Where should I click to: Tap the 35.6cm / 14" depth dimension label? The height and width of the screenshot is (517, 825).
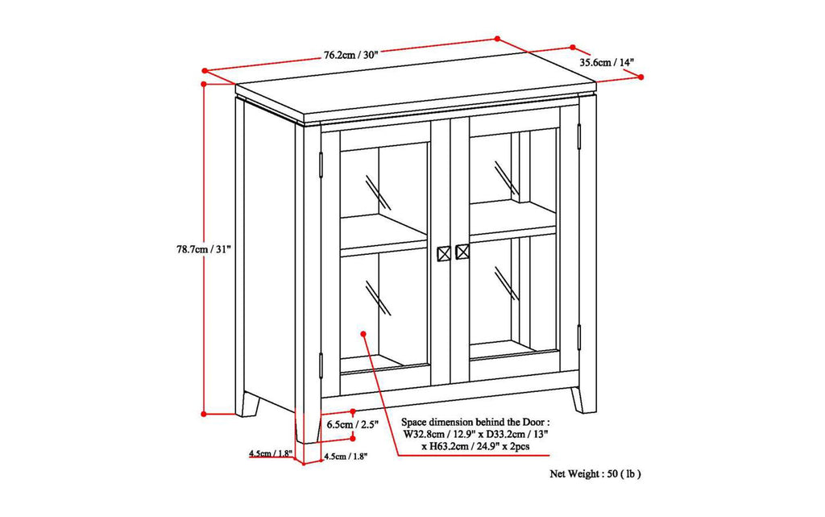tap(606, 61)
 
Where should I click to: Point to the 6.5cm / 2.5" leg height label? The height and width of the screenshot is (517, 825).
tap(350, 423)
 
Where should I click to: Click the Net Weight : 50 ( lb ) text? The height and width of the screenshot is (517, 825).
tap(595, 474)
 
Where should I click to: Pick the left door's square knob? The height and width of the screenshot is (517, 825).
tap(443, 252)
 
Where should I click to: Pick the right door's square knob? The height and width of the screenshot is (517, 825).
tap(462, 252)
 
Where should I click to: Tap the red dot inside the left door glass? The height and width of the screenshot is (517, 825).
tap(364, 331)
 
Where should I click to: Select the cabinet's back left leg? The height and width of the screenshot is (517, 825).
tap(248, 403)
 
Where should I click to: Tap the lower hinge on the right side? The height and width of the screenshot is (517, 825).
tap(578, 336)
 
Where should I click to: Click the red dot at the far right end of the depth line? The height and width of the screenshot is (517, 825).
tap(641, 77)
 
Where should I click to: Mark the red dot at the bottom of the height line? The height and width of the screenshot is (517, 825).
tap(205, 413)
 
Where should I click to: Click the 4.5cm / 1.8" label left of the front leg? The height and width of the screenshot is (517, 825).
tap(271, 453)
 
